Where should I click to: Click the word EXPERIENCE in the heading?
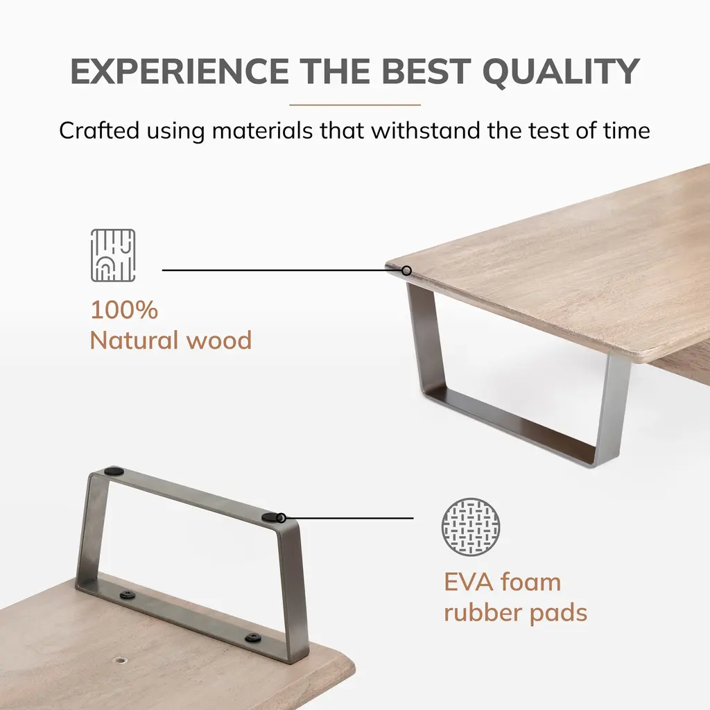tap(180, 71)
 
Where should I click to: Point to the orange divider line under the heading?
tap(355, 105)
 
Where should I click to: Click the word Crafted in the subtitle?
tap(98, 130)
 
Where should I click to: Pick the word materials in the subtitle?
tap(262, 130)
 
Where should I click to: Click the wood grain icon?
tap(113, 255)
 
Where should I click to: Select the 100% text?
tap(125, 310)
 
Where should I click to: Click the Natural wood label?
tap(171, 340)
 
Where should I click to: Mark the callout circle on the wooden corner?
tap(406, 271)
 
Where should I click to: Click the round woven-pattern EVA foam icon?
tap(471, 527)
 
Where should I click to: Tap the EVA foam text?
tap(502, 582)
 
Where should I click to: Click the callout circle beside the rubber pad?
tap(281, 517)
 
